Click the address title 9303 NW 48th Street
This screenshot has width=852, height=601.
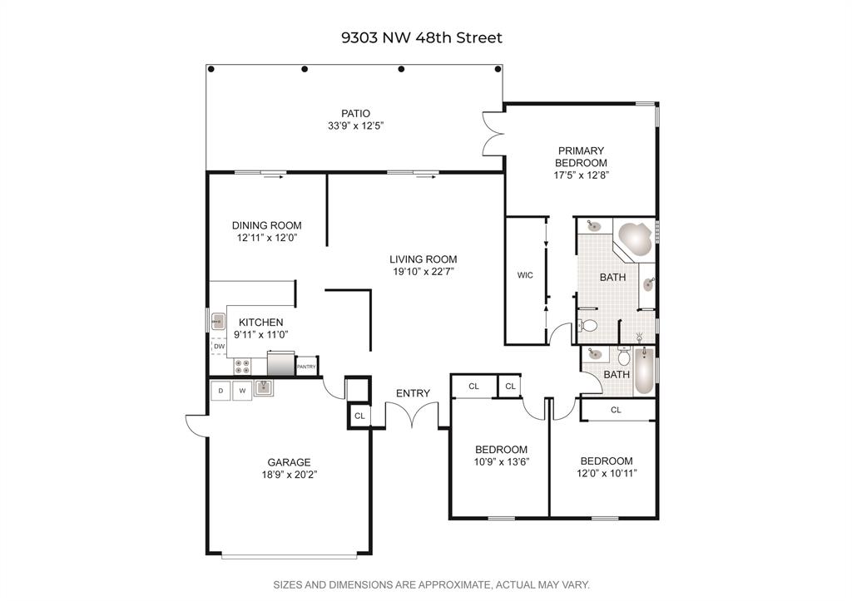(x=422, y=37)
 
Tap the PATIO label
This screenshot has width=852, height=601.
(x=355, y=114)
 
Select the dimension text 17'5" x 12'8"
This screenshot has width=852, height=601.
(x=581, y=175)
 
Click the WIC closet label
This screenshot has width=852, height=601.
(x=525, y=275)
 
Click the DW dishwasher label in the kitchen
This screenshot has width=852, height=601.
(x=219, y=347)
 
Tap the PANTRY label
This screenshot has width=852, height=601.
(x=306, y=367)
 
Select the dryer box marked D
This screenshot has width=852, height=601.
(x=220, y=391)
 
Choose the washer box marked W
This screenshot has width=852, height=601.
(x=242, y=391)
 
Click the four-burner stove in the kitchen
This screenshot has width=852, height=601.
(x=242, y=367)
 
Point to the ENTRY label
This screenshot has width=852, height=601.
(x=413, y=393)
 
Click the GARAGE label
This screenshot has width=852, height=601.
(x=289, y=462)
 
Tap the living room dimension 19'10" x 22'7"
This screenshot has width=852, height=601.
(x=424, y=272)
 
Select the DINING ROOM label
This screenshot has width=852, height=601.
(x=267, y=225)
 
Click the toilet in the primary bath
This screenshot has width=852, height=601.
(x=587, y=326)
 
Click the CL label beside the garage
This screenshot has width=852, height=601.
(x=359, y=416)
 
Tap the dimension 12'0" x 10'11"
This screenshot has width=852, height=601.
(x=607, y=473)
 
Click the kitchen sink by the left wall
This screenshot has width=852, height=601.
(x=219, y=322)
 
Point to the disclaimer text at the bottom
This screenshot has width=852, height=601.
(x=432, y=584)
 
